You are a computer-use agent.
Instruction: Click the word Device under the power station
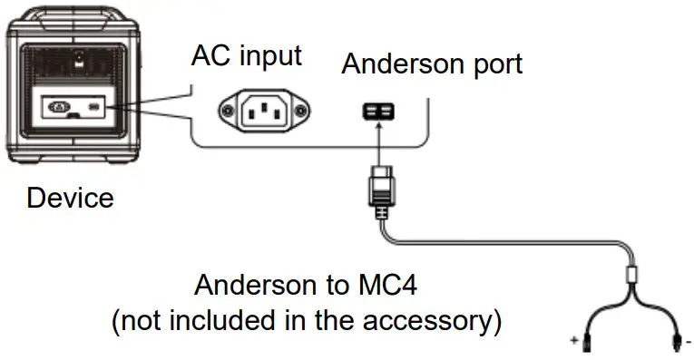coord(71,197)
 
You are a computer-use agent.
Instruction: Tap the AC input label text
coord(245,56)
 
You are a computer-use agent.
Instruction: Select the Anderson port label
coord(432,64)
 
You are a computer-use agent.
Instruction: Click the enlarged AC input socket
coord(264,112)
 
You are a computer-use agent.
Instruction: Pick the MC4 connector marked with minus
coord(676,342)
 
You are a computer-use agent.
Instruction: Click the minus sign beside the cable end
coord(689,342)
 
